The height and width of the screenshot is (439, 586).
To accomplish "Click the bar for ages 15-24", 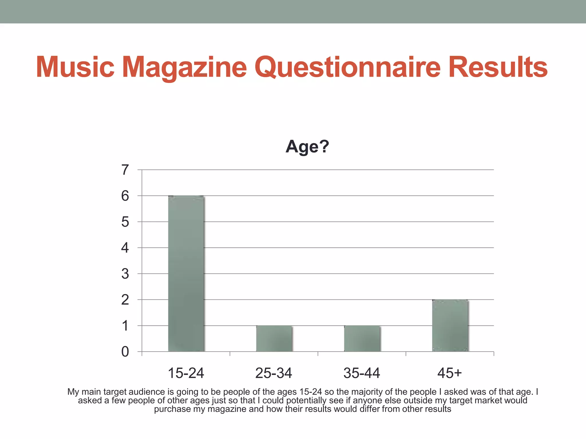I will click(x=186, y=274).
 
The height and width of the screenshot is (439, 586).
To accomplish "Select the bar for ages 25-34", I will click(x=274, y=338).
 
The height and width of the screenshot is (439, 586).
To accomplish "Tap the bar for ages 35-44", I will click(x=362, y=338).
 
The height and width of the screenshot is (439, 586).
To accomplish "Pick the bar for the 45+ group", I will click(x=450, y=326).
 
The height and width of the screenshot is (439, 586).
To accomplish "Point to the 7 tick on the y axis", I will click(x=125, y=170).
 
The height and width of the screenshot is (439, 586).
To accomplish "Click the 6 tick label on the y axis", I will click(x=125, y=196).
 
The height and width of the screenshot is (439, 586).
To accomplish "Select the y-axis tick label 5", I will click(x=125, y=222).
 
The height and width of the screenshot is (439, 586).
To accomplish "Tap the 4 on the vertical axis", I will click(x=125, y=248).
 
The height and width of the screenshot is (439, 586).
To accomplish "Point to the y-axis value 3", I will click(x=125, y=274).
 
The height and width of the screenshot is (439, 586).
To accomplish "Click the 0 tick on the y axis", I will click(x=125, y=352).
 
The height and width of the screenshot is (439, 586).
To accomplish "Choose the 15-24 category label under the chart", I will click(x=186, y=373).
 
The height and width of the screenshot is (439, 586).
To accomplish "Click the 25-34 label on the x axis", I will click(x=274, y=373).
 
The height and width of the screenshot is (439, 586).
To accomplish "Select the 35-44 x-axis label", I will click(x=362, y=373).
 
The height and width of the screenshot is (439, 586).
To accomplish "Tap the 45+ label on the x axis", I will click(x=450, y=373).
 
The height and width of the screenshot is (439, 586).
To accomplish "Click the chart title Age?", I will click(x=307, y=147).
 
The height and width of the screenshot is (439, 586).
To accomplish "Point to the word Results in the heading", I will click(x=498, y=67).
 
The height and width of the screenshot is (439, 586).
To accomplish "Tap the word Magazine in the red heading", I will click(x=185, y=69).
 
